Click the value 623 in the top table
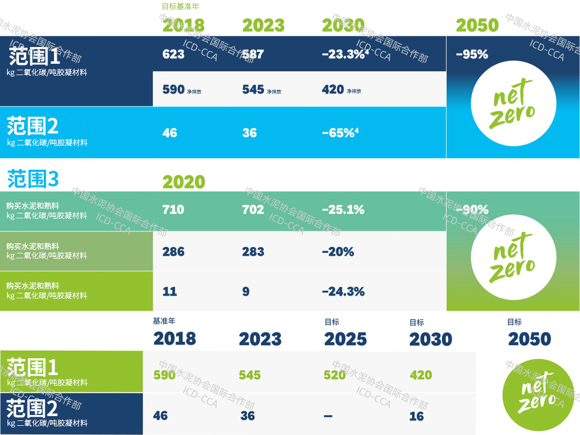tap(173, 54)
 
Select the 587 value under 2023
tap(253, 54)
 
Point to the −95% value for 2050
tap(471, 54)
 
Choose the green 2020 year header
tap(184, 182)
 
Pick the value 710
tap(173, 209)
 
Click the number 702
tap(253, 209)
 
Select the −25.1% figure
tap(343, 209)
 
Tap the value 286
tap(173, 251)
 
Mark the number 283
tap(253, 251)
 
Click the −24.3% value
tap(343, 292)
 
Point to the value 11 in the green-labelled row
tap(170, 292)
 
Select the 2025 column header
tap(345, 339)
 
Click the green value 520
tap(335, 374)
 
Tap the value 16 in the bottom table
tap(416, 416)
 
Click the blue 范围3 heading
tap(33, 178)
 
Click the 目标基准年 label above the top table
tap(180, 6)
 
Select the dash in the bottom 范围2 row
tap(328, 416)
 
